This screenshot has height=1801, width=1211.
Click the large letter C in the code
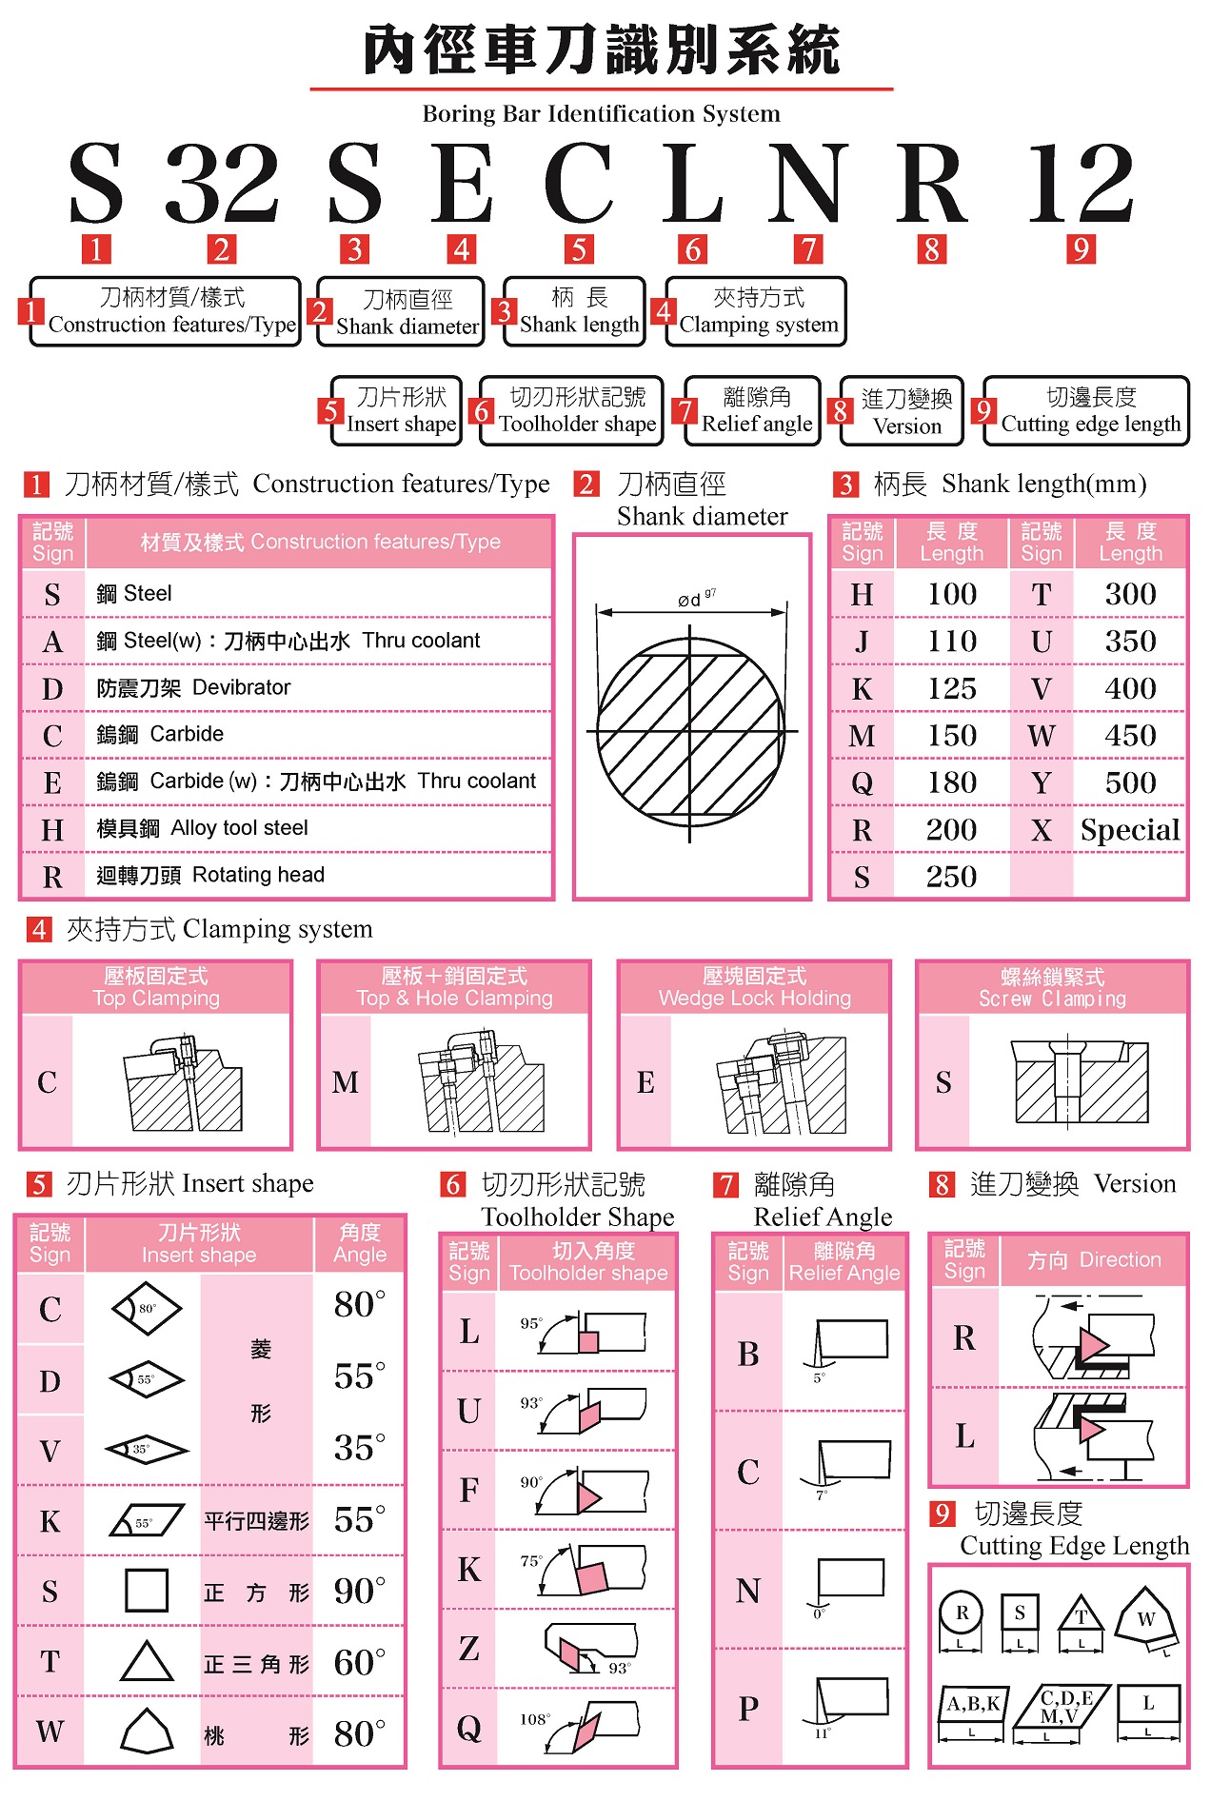[578, 183]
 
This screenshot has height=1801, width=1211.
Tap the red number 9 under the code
[1080, 249]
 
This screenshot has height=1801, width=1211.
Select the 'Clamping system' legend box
[756, 311]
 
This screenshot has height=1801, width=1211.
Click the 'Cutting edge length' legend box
[1088, 410]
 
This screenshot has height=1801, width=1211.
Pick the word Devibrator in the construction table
[242, 687]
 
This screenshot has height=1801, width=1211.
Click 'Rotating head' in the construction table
[258, 875]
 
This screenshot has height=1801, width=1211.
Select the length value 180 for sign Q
[951, 782]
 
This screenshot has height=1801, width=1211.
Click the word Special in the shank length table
[1130, 830]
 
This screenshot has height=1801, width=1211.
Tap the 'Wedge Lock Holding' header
[754, 987]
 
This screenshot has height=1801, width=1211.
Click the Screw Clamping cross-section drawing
[1080, 1082]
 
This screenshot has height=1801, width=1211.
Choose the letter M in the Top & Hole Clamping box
[346, 1082]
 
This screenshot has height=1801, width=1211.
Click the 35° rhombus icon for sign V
[147, 1450]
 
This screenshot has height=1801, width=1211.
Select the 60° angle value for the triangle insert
[359, 1662]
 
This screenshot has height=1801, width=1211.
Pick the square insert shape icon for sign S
[147, 1591]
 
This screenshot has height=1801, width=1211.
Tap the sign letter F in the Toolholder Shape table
[469, 1490]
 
